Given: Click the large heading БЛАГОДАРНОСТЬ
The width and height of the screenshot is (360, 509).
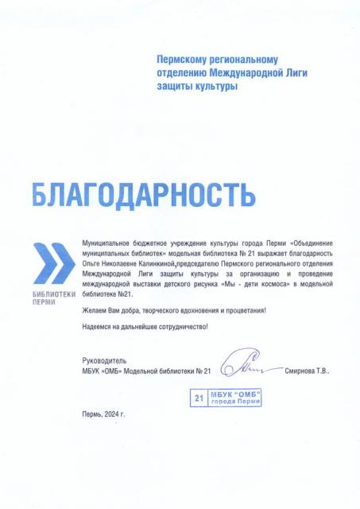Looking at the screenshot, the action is tap(143, 192).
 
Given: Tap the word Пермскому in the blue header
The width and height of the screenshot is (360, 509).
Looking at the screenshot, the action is tap(186, 60).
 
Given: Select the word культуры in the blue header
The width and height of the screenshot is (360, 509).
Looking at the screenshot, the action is tap(215, 86).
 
